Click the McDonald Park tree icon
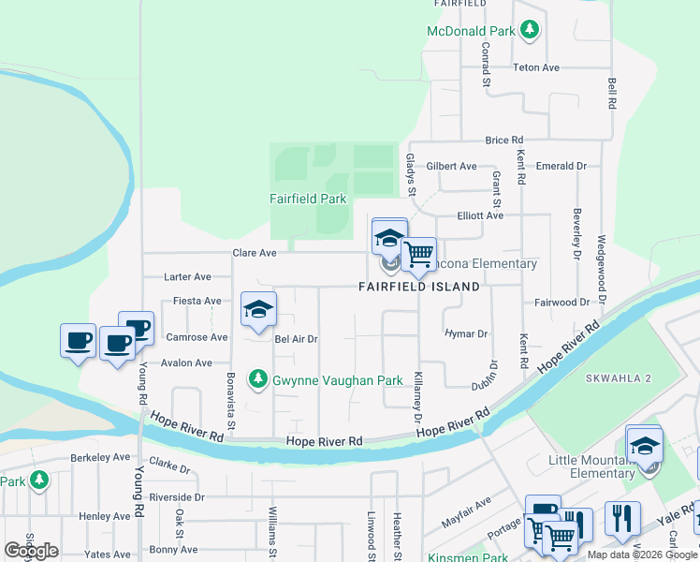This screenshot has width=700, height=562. pyautogui.click(x=530, y=31)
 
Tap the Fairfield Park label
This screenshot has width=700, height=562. pyautogui.click(x=308, y=199)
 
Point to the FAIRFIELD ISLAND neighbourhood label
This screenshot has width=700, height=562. pyautogui.click(x=419, y=287)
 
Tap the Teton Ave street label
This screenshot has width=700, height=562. pyautogui.click(x=536, y=67)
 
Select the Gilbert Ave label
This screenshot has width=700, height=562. pyautogui.click(x=451, y=166)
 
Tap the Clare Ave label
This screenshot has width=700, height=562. pyautogui.click(x=255, y=253)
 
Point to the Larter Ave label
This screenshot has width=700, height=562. pyautogui.click(x=187, y=277)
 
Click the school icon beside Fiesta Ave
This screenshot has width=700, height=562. pyautogui.click(x=258, y=310)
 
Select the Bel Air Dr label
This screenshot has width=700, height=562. pyautogui.click(x=297, y=339)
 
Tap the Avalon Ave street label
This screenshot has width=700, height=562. pyautogui.click(x=187, y=362)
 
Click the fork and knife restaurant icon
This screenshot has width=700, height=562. pyautogui.click(x=622, y=518)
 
